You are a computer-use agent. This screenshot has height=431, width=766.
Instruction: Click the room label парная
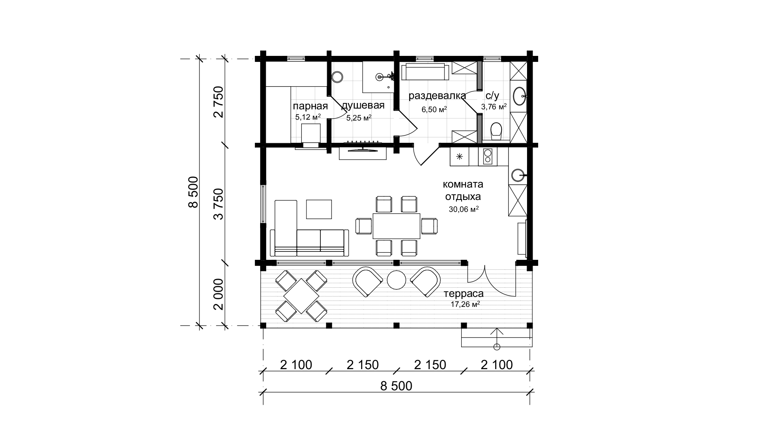[310, 106]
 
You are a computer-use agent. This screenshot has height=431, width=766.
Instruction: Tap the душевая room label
[363, 105]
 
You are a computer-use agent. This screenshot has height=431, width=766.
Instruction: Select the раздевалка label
[437, 96]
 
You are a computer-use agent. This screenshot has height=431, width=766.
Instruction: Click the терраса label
[464, 294]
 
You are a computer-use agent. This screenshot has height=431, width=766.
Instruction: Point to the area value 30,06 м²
[464, 210]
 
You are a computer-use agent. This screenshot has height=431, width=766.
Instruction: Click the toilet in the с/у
[496, 131]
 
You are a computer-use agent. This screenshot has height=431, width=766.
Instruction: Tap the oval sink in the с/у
[519, 96]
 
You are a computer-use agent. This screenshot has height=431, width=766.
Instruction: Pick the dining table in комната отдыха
[397, 226]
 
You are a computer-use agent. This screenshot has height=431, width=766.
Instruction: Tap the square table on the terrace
[301, 296]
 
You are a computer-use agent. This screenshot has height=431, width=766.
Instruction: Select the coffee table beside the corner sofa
[319, 209]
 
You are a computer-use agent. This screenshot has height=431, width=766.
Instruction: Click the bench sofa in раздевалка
[426, 72]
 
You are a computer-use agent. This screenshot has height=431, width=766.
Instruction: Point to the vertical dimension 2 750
[218, 102]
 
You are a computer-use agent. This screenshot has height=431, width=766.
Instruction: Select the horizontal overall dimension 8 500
[396, 386]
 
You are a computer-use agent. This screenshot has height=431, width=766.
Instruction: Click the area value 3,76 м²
[494, 107]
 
